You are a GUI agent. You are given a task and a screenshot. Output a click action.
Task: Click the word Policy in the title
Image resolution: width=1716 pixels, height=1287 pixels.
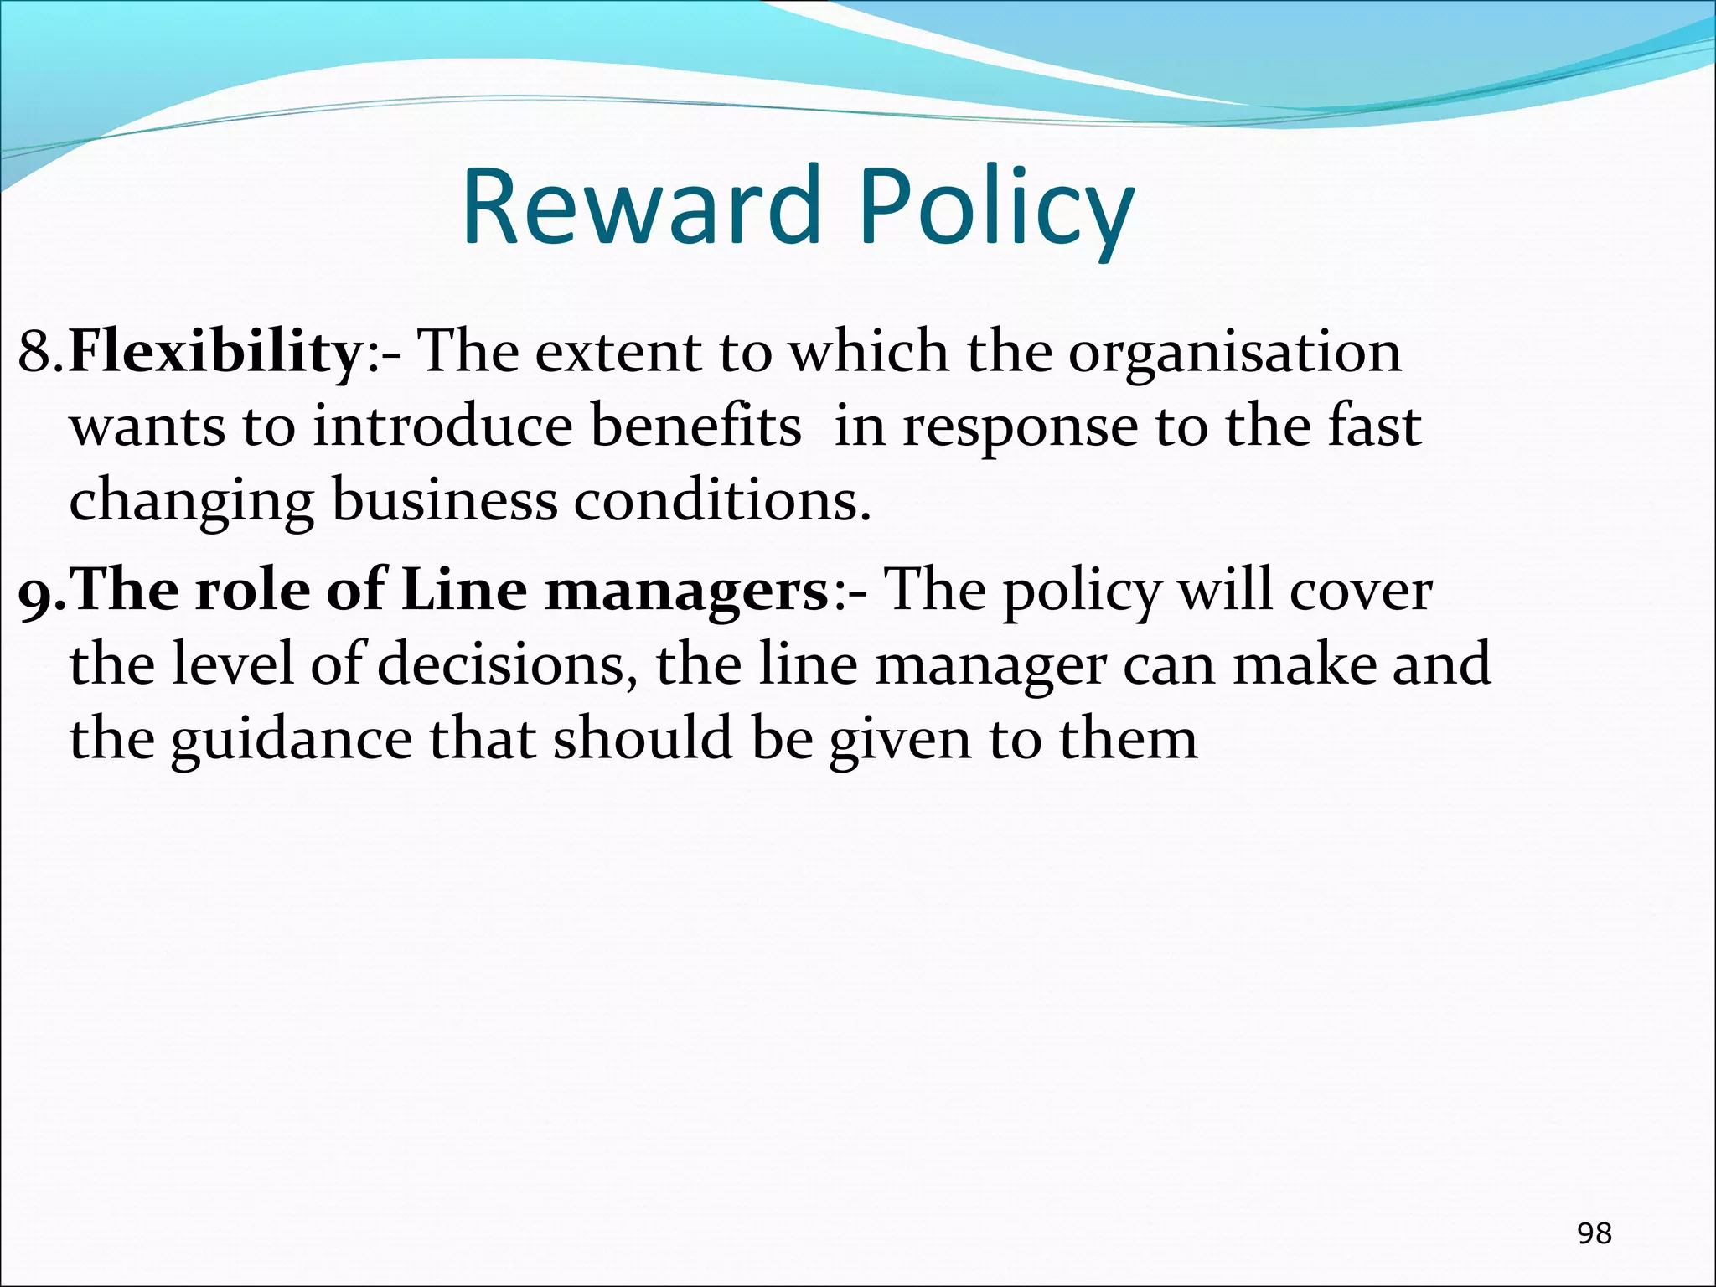pos(995,209)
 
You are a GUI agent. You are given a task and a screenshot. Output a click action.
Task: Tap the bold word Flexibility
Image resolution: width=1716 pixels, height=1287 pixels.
pos(214,352)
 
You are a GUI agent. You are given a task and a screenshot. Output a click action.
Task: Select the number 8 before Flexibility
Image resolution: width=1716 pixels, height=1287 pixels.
pos(35,352)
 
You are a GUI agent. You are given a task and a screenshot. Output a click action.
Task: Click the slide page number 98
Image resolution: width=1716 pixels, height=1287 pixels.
pos(1594,1233)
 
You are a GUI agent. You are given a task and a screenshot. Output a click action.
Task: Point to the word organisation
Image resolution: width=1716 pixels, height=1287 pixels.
pos(1233,354)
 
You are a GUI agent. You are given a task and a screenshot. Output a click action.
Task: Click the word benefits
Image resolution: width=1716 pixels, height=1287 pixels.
pos(695,426)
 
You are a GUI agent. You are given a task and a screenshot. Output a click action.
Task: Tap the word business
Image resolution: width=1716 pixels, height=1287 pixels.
pos(444,500)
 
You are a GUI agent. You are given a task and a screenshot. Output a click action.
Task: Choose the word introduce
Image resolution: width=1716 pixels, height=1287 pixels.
pos(443,426)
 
